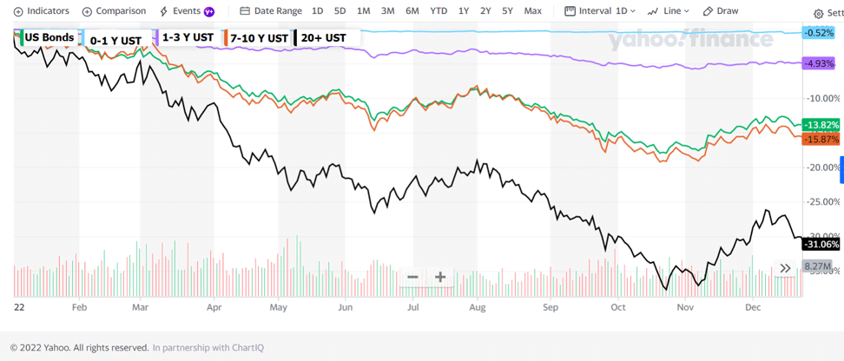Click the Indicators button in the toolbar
coord(41,11)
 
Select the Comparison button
coord(114,11)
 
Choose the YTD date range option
coord(438,11)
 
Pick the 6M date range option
coord(412,11)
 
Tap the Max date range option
coord(532,11)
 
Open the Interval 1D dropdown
coord(600,11)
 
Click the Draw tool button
coord(721,11)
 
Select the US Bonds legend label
coord(49,38)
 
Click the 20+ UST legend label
coord(323,38)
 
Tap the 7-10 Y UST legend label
coord(259,38)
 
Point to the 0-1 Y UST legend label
coord(115,41)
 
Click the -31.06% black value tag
coord(821,245)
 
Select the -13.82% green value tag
coord(821,125)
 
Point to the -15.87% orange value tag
coord(821,139)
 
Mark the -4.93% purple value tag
coord(820,64)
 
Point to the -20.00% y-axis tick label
coord(821,167)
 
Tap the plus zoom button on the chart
coord(440,277)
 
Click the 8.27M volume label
coord(817,266)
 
